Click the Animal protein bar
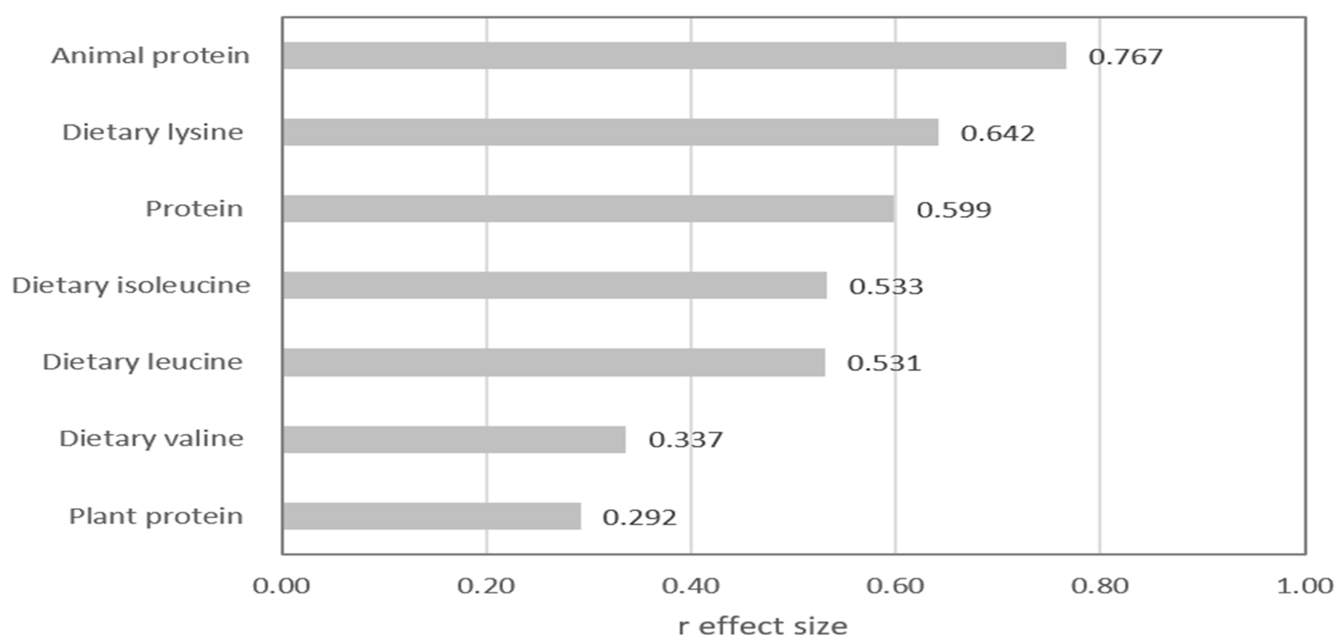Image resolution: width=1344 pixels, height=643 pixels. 674,56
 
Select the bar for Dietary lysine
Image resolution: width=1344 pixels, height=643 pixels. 610,132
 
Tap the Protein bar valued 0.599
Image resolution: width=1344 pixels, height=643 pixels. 588,209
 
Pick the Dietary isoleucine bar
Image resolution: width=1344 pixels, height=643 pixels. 555,285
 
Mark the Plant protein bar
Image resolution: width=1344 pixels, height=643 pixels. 431,516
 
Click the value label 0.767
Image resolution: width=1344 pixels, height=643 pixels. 1125,56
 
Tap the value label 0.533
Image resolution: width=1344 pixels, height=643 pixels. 886,286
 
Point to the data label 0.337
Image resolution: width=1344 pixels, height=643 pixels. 686,440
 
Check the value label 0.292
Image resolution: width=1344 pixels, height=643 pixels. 640,517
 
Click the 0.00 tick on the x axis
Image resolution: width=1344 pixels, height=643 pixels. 282,586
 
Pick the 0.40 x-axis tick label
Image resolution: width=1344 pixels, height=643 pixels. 691,586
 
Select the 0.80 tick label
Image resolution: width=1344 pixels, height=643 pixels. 1100,586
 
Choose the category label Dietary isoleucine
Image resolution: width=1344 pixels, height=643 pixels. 131,285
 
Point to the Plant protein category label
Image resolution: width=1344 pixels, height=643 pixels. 156,516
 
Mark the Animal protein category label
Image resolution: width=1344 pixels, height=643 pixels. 150,56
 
